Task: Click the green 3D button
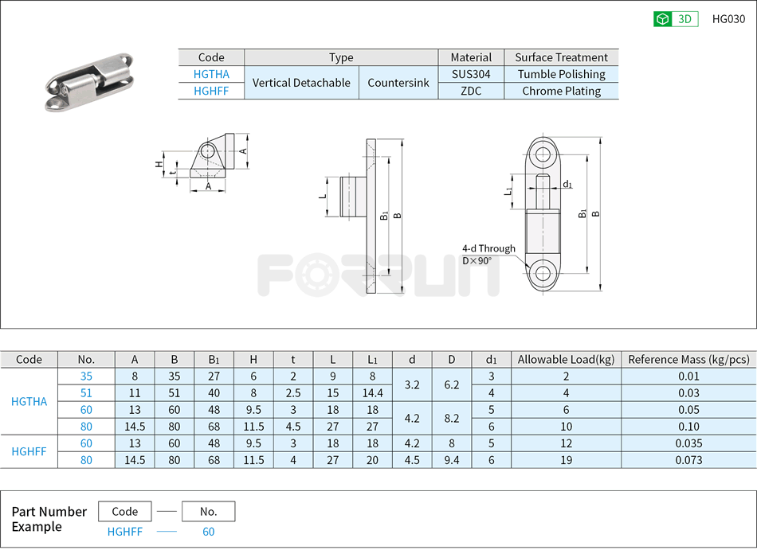[676, 19]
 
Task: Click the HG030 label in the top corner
[728, 19]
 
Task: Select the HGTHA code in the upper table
[211, 74]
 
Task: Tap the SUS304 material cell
[471, 74]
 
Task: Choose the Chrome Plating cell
[561, 91]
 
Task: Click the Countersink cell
[398, 83]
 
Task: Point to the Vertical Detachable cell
[301, 83]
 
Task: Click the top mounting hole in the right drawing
[543, 154]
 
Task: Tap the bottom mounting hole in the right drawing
[543, 274]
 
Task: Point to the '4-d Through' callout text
[488, 248]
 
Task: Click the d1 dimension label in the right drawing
[567, 184]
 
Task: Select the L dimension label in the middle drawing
[323, 195]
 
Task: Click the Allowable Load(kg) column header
[566, 360]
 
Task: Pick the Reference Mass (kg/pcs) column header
[688, 360]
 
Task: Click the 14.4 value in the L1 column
[372, 393]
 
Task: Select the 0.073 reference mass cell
[688, 460]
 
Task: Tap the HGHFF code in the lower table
[29, 451]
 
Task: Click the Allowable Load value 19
[566, 460]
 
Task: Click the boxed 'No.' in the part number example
[208, 512]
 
